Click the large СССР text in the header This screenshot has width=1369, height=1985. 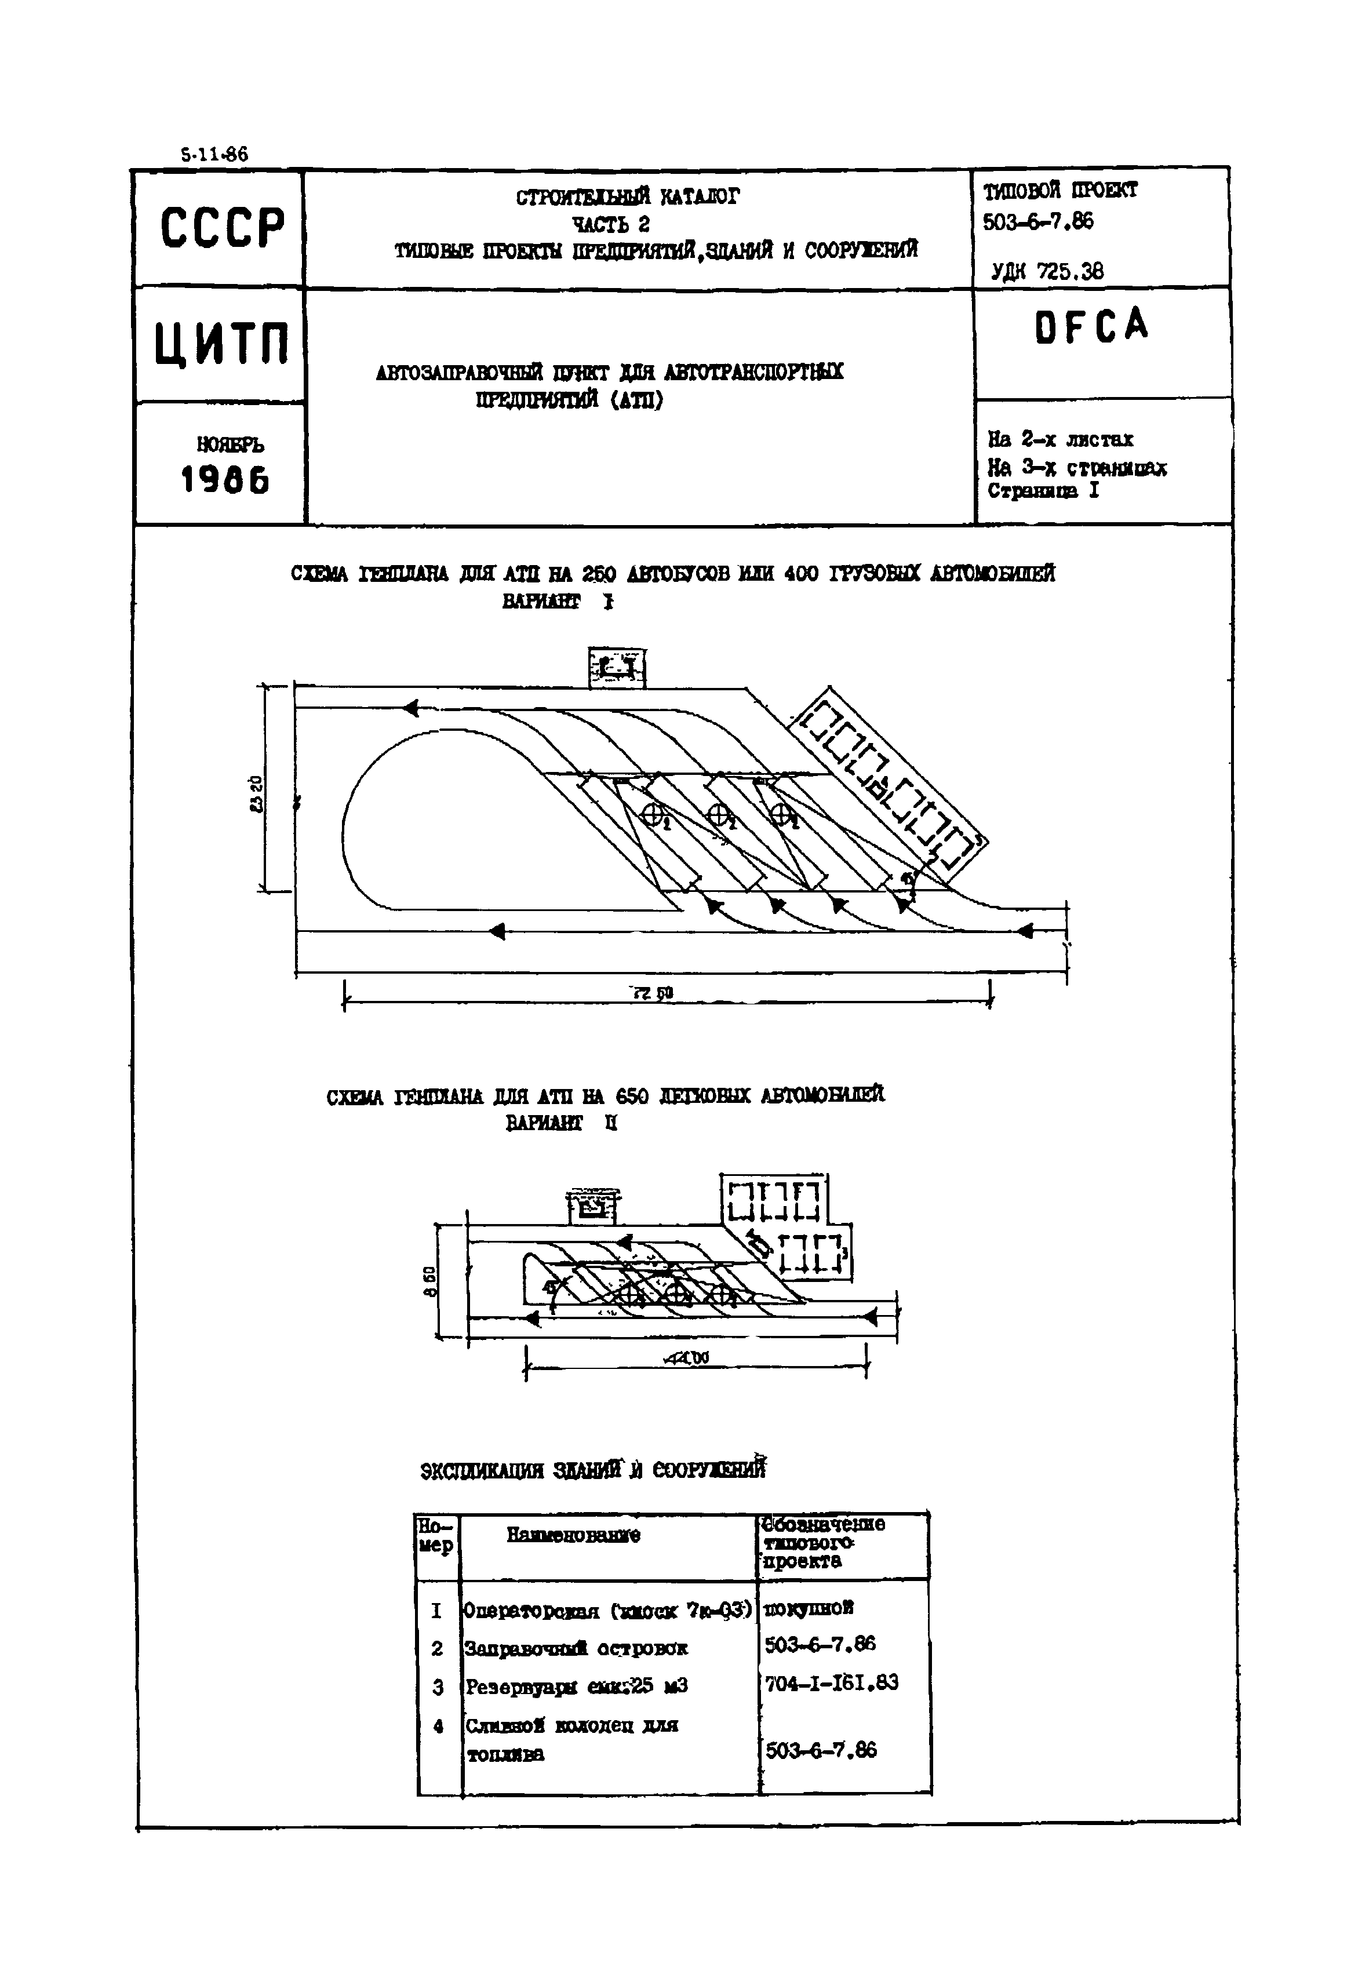point(221,228)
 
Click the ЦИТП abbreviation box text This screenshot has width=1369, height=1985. point(221,344)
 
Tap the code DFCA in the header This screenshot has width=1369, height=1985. point(1091,326)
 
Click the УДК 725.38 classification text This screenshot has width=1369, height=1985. point(1047,272)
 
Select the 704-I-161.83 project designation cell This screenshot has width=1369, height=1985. point(831,1682)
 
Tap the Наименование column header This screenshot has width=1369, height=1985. point(573,1535)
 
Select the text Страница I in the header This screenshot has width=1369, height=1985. point(1042,491)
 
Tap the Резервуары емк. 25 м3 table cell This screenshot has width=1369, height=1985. point(577,1685)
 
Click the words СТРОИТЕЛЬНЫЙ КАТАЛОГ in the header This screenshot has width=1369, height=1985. point(627,197)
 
